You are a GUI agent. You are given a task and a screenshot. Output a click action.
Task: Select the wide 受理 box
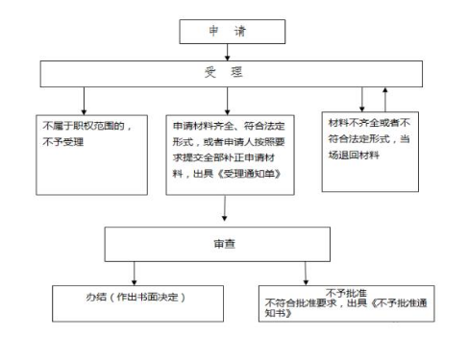[x=223, y=73]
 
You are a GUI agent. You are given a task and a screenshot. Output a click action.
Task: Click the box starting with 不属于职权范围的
[x=91, y=152]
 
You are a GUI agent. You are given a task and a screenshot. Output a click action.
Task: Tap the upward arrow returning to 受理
[x=385, y=97]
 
